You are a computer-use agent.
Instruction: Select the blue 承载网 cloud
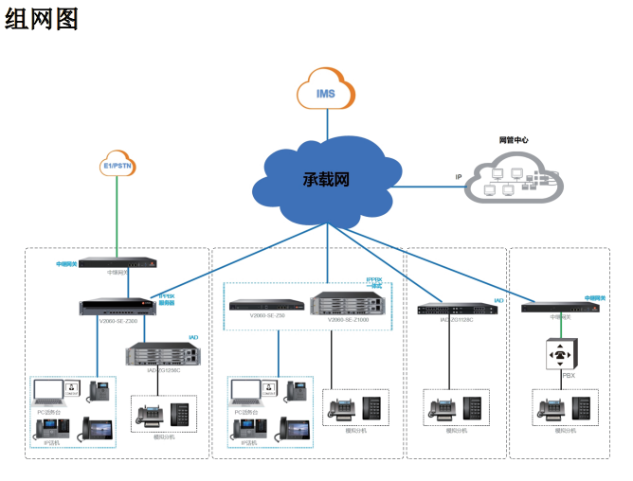coord(325,178)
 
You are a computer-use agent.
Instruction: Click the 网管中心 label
coord(514,139)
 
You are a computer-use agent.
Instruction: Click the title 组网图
coord(42,18)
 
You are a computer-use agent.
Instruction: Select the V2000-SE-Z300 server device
coord(118,306)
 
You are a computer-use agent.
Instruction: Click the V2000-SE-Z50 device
coord(266,305)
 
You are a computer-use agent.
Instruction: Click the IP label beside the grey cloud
coord(459,176)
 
